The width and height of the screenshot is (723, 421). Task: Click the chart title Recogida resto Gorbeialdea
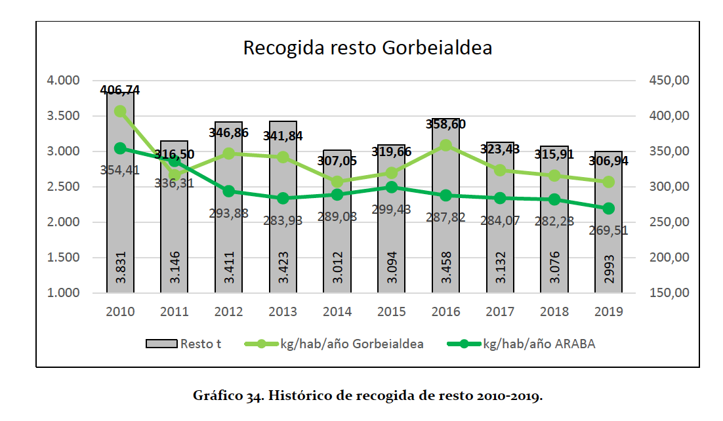tap(367, 49)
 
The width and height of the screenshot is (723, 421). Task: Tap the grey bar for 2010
tap(120, 197)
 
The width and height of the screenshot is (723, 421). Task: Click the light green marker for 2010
tap(120, 111)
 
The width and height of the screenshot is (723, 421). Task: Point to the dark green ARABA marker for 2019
tap(608, 209)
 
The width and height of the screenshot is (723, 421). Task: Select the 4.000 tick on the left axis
tap(63, 81)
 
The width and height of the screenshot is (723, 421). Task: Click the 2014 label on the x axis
tap(337, 311)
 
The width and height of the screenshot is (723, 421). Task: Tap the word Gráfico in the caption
tap(215, 396)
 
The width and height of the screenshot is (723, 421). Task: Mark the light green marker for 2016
tap(445, 146)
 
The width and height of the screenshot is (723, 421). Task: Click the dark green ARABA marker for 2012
tap(229, 191)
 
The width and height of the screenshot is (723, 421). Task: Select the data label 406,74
tap(120, 90)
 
